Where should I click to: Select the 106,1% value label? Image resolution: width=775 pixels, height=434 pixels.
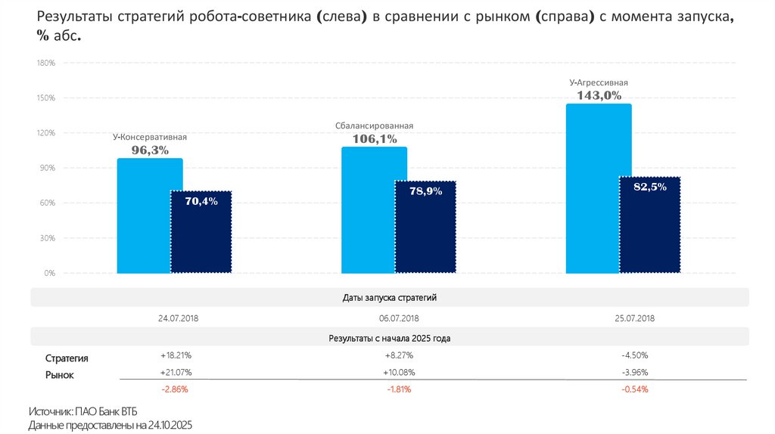click(375, 139)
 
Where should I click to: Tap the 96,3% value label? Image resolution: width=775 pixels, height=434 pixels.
click(150, 150)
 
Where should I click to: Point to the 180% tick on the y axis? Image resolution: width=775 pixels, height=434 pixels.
click(46, 64)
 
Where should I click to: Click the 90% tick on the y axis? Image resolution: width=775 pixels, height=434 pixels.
click(48, 169)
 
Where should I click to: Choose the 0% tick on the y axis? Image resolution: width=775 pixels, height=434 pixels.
click(50, 273)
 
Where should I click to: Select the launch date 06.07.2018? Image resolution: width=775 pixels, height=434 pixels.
click(399, 318)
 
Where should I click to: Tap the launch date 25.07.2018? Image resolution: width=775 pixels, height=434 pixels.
click(635, 318)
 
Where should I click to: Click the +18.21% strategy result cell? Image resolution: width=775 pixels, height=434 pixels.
click(176, 355)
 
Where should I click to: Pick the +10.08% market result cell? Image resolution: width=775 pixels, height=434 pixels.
click(399, 372)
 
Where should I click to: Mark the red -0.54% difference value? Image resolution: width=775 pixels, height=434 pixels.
click(634, 389)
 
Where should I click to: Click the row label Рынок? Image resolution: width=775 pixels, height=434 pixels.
click(60, 375)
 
